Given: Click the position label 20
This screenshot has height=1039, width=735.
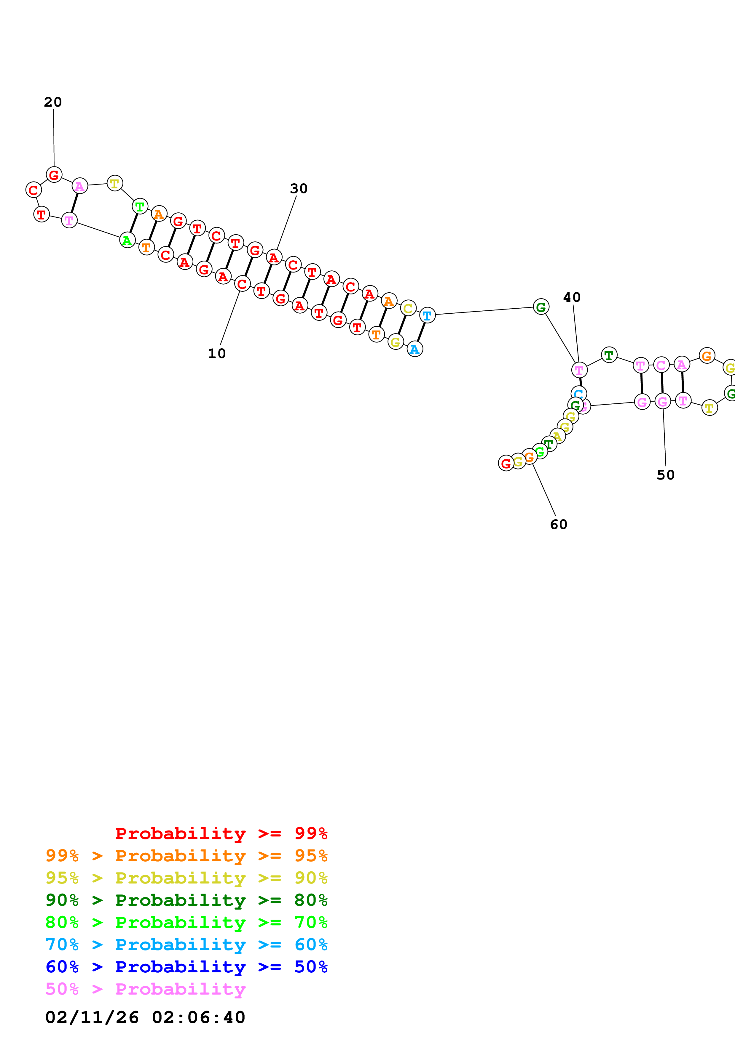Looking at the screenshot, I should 53,102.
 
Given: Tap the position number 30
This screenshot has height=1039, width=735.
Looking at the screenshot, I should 299,189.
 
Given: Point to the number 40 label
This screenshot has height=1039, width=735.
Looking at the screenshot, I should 572,297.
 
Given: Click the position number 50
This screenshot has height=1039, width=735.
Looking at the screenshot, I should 665,475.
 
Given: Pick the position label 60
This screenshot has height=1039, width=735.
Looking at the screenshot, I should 558,525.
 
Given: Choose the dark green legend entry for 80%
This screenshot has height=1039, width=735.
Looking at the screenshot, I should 186,900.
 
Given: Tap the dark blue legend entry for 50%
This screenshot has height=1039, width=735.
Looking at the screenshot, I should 186,967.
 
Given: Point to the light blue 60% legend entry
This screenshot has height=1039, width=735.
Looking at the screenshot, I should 186,945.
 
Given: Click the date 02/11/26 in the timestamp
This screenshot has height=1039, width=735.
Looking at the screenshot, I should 92,1017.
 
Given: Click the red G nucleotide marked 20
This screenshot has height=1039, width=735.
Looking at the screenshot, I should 54,175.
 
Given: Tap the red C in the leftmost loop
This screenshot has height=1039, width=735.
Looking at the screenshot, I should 34,190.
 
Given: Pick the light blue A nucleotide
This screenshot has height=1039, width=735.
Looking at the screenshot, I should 415,349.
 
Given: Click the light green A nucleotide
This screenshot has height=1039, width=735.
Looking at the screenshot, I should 127,240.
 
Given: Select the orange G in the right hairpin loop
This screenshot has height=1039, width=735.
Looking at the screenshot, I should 707,356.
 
